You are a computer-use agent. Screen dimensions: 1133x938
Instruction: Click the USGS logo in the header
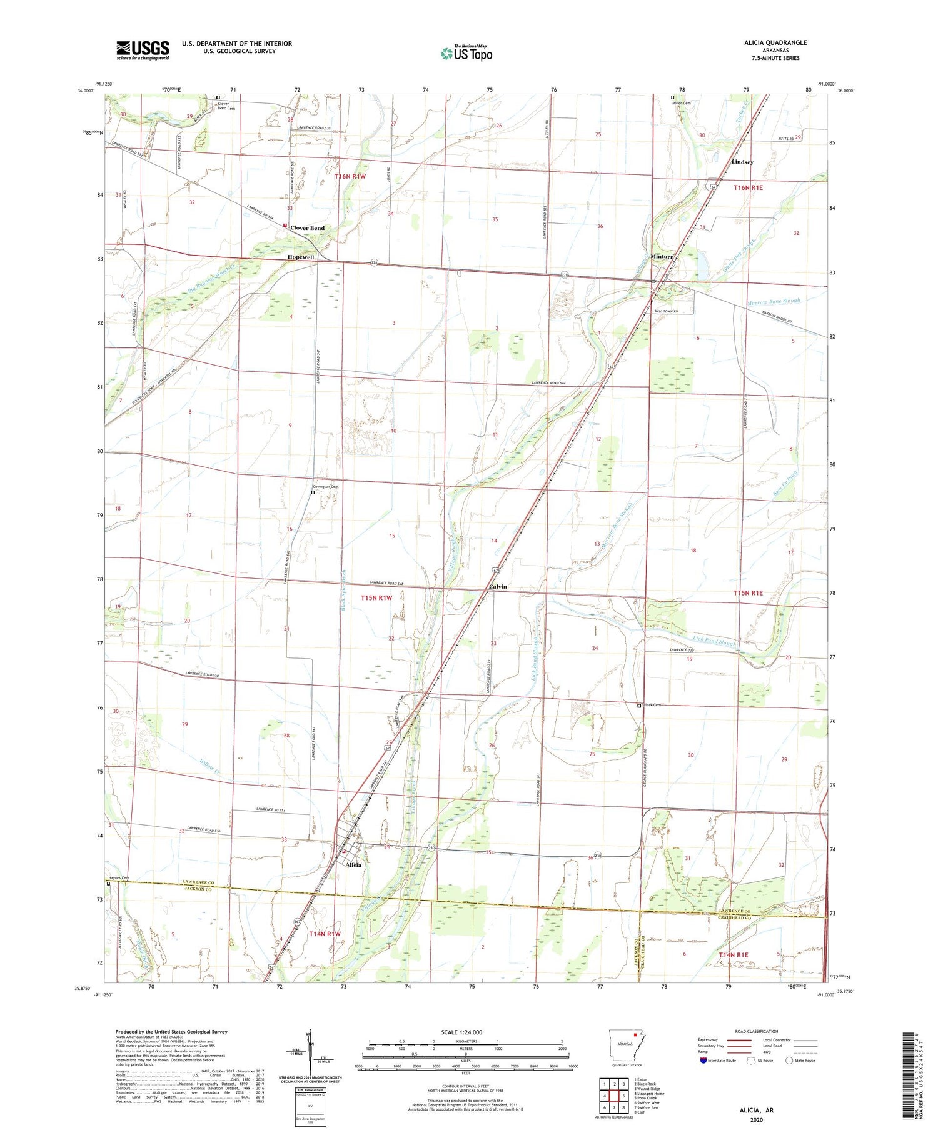point(142,50)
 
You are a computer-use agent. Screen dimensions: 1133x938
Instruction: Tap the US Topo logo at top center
point(466,53)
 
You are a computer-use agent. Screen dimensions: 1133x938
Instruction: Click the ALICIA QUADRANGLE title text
point(772,42)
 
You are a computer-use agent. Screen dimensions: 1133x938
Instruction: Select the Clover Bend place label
point(306,228)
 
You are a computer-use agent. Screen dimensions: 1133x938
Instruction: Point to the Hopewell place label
point(300,257)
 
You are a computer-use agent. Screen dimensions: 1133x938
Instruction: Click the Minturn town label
point(662,257)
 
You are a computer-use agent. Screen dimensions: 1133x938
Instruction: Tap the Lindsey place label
point(742,162)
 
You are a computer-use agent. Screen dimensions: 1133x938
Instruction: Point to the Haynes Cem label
point(118,877)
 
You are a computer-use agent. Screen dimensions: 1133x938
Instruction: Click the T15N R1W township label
point(376,598)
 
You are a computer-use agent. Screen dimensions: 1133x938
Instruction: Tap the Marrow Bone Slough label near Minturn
point(773,301)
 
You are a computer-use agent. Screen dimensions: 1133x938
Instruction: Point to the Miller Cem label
point(682,103)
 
